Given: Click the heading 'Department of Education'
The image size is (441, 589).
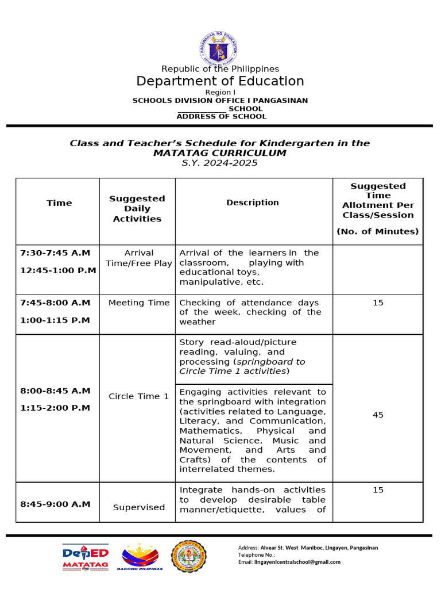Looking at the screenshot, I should (x=220, y=81).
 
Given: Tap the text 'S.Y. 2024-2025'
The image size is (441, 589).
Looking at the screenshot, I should (x=220, y=163).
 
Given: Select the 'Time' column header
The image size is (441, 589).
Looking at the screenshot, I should (x=59, y=203).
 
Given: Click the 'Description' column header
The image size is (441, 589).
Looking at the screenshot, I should (x=253, y=202).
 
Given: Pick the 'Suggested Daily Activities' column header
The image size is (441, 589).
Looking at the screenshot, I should (x=137, y=209).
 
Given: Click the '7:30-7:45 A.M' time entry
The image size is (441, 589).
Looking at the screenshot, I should (x=55, y=253).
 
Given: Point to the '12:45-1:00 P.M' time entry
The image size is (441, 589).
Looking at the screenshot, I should (x=58, y=270).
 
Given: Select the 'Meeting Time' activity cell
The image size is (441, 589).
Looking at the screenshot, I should (x=139, y=303).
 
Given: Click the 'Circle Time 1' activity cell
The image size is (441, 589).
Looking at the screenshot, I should (x=139, y=396).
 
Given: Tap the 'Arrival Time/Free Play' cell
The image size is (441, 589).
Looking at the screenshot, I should (x=139, y=258).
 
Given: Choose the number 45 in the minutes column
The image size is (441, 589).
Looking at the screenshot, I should (x=378, y=415).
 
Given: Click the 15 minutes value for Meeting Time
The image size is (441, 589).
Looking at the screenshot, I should (x=378, y=303).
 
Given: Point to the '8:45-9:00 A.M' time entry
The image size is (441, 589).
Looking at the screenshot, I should (x=55, y=504).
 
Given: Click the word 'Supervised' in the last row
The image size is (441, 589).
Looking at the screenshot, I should (x=139, y=507).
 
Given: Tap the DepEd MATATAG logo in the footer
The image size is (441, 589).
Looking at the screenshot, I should (x=86, y=557).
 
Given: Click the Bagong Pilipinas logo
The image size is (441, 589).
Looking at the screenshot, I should (x=141, y=557).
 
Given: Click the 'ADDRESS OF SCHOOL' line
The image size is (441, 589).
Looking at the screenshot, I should (x=221, y=116).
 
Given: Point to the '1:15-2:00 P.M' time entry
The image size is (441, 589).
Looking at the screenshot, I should (x=55, y=408).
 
